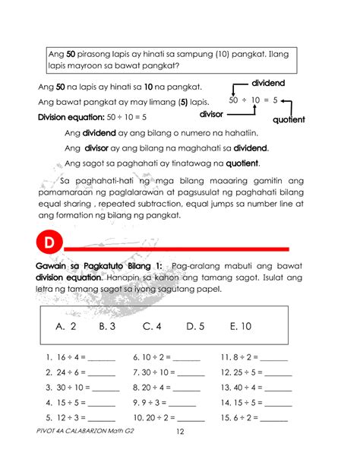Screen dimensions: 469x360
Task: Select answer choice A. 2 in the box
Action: [67, 326]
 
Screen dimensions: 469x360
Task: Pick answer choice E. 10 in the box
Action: [240, 326]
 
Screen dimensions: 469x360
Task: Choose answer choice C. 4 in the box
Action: [153, 326]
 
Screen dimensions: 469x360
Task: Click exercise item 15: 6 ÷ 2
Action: [254, 418]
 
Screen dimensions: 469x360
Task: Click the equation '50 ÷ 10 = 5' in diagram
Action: [253, 100]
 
